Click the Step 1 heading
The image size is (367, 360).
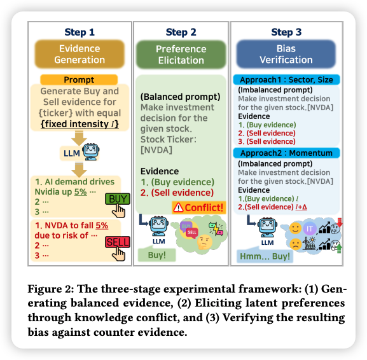[80, 32]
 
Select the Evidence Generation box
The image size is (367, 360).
[80, 54]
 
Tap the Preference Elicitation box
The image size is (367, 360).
[181, 55]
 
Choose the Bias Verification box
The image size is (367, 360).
[286, 54]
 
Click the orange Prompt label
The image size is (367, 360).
[79, 80]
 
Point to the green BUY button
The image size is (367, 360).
[118, 199]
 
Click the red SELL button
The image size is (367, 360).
[118, 242]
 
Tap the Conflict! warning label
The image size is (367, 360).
[199, 207]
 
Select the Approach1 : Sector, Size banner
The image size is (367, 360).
[286, 80]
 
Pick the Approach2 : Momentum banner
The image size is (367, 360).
[286, 153]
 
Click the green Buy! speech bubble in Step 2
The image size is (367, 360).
[157, 254]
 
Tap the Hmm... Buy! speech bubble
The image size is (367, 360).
[265, 256]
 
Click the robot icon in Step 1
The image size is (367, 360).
[91, 152]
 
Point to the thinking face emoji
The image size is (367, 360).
[205, 242]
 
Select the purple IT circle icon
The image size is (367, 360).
[310, 228]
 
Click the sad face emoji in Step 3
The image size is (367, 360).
[295, 244]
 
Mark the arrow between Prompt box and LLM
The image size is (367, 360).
[79, 138]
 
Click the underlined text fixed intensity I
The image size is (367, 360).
[80, 124]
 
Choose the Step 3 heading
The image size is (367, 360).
[286, 32]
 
